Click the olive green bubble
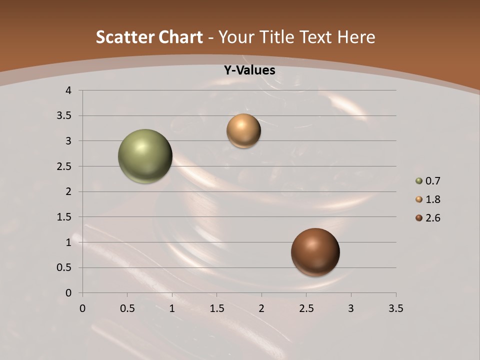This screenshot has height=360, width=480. [x=145, y=156]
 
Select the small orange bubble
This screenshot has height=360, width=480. [x=243, y=131]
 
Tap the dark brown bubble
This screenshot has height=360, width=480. [x=315, y=252]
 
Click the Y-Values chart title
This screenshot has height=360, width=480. [x=249, y=70]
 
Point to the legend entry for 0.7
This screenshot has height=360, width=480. [x=428, y=181]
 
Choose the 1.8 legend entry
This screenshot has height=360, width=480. [x=428, y=199]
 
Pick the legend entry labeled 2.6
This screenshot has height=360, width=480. [x=428, y=218]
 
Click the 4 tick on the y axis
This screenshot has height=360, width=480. [x=68, y=90]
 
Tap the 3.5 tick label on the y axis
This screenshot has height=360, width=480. [x=64, y=116]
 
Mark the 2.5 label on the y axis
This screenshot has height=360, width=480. [x=64, y=166]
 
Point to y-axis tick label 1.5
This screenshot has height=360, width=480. [x=64, y=217]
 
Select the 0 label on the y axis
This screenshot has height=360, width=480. [x=68, y=293]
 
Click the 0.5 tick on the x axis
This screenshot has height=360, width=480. [x=127, y=308]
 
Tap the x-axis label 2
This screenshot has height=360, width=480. [x=261, y=308]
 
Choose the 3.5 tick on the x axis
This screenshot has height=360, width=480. [x=395, y=308]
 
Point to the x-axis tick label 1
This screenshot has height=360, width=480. [x=172, y=308]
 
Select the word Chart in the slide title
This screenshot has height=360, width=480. [x=181, y=37]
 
